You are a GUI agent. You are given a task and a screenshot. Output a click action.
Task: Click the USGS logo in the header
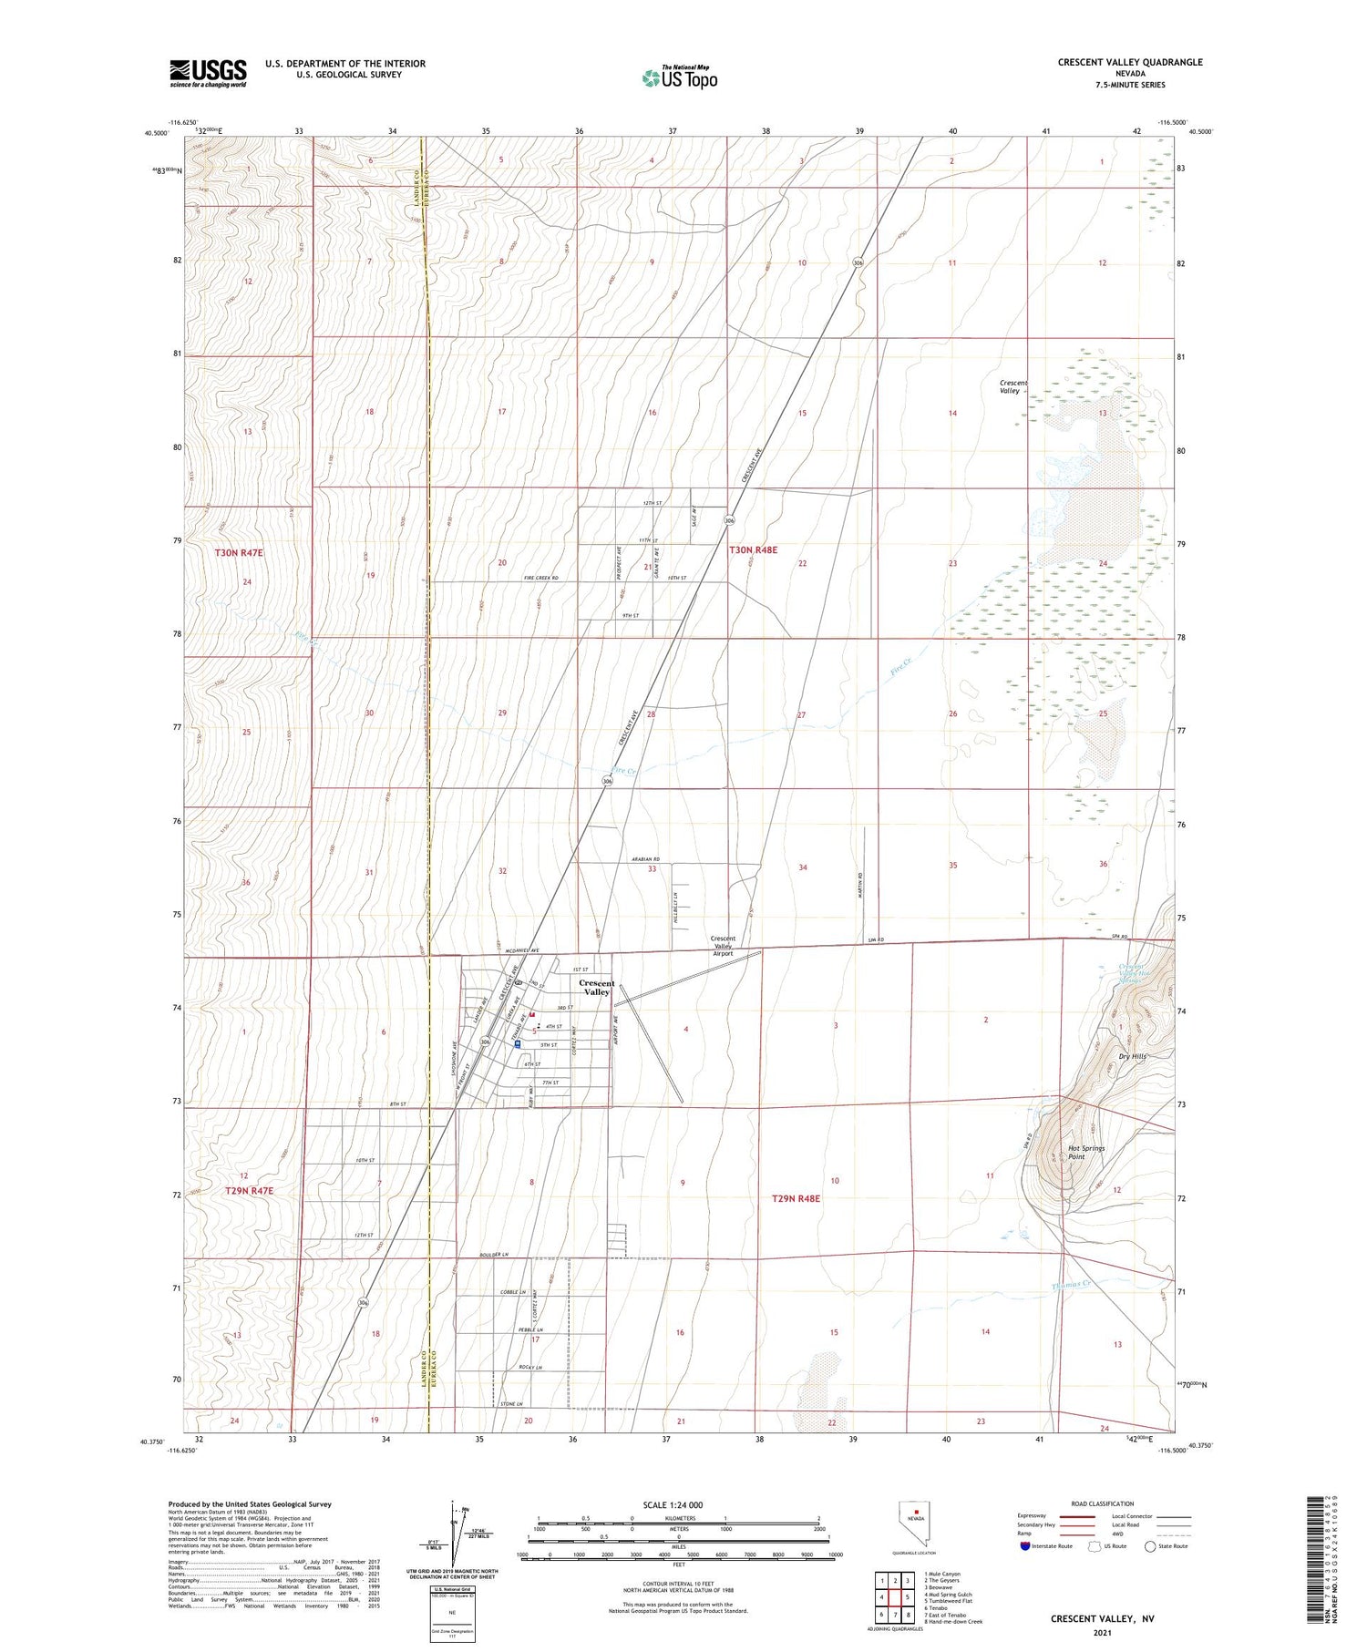click(x=208, y=73)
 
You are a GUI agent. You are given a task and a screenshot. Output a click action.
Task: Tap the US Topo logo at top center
click(x=679, y=78)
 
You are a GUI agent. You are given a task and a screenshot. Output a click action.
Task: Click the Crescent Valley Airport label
click(x=723, y=946)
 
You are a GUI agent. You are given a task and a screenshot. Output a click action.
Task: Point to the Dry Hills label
click(x=1133, y=1057)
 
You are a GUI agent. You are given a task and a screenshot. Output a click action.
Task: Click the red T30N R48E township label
click(x=753, y=550)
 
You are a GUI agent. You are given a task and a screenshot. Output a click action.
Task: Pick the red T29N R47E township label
click(x=249, y=1191)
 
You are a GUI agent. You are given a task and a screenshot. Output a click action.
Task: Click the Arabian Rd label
click(x=644, y=859)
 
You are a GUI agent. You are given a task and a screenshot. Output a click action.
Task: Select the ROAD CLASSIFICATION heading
click(x=1102, y=1503)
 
